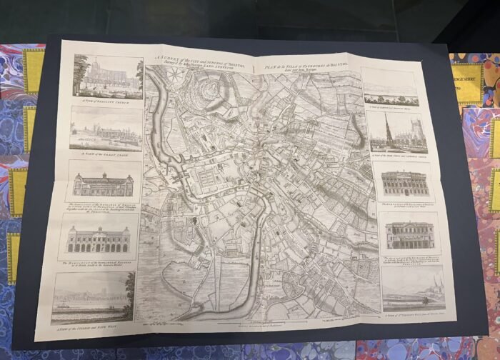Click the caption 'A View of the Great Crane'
(104, 153)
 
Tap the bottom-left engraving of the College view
(94, 297)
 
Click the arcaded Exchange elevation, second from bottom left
(98, 239)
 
